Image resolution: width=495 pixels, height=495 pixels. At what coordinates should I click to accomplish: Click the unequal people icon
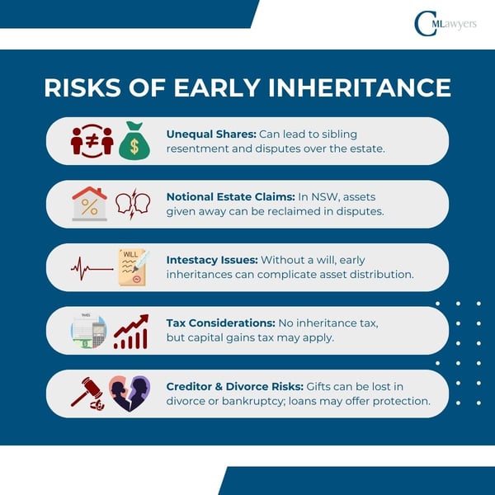coord(92,140)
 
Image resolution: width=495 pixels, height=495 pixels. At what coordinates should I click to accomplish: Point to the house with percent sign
coord(89,204)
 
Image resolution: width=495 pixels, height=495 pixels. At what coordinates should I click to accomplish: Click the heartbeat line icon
coord(91,267)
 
